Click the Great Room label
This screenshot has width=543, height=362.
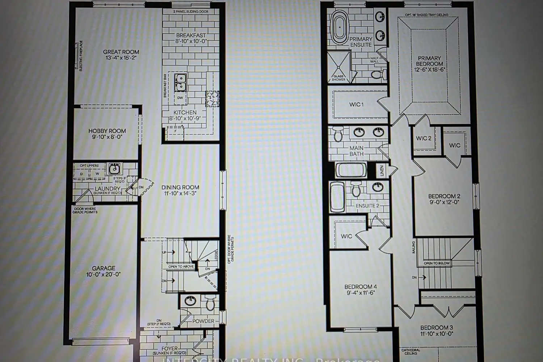(x=121, y=52)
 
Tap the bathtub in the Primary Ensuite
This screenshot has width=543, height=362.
(x=340, y=27)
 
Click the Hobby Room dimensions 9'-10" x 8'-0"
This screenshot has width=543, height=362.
(x=107, y=137)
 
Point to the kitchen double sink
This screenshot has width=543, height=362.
(x=180, y=82)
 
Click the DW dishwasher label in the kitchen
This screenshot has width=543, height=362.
(x=180, y=98)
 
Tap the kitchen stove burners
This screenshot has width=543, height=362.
(x=212, y=98)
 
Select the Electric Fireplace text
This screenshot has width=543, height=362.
(x=81, y=56)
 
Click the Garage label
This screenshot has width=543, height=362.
(x=104, y=268)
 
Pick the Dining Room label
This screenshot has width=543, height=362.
(x=180, y=187)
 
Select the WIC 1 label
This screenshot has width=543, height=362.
(x=356, y=105)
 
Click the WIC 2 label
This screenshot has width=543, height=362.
(x=424, y=138)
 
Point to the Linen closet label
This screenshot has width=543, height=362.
(x=382, y=171)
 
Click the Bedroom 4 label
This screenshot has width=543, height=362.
(x=361, y=287)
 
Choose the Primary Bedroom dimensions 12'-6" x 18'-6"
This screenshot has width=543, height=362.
(x=429, y=70)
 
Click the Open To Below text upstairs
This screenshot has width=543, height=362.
(x=437, y=263)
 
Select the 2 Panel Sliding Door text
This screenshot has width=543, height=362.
(x=191, y=12)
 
